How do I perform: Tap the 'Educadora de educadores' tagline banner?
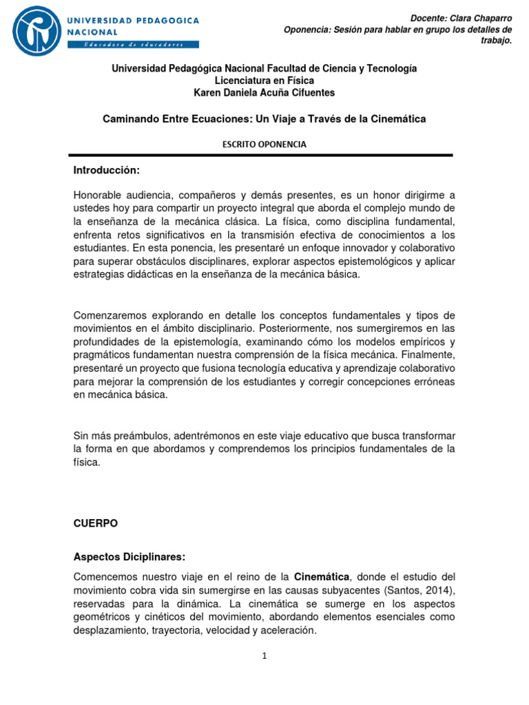coord(133,45)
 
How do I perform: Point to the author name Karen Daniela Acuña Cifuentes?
coord(264,93)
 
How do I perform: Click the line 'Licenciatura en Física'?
coord(264,81)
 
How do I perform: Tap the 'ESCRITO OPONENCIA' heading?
coord(264,145)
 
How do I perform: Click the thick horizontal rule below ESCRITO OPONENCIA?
coord(264,156)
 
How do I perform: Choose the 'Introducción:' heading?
coord(106,170)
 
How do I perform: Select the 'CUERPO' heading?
coord(96,523)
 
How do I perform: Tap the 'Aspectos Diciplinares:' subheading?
coord(129,556)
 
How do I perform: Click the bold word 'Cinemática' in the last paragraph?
coord(322,576)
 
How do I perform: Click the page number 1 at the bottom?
coord(264,656)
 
